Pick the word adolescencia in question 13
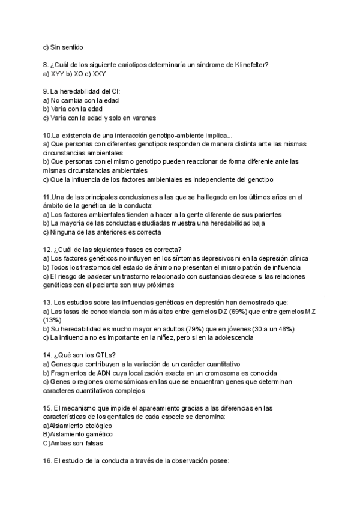(x=223, y=337)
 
